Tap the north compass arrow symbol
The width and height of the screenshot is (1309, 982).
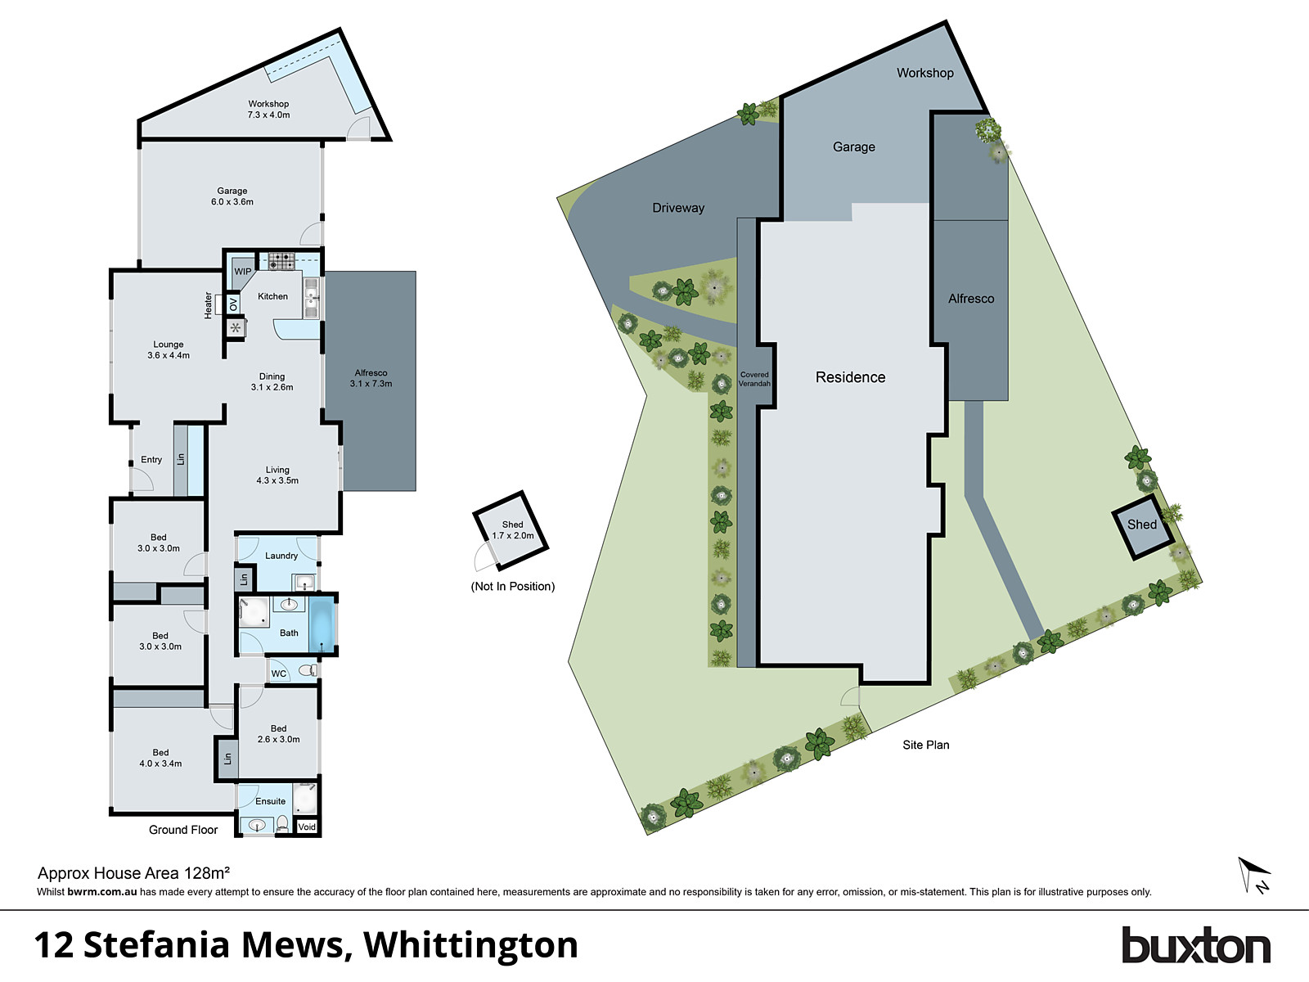[x=1254, y=875]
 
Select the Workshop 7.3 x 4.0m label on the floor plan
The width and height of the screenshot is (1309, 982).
[x=268, y=110]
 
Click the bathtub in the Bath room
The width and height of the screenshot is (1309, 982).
[x=323, y=624]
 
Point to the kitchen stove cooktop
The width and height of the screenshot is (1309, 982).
[x=281, y=261]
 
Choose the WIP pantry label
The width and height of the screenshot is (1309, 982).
[x=243, y=272]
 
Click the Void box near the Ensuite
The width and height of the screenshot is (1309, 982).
[x=307, y=827]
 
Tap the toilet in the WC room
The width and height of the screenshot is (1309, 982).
[x=307, y=671]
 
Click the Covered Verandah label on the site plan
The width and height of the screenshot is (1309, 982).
[x=754, y=379]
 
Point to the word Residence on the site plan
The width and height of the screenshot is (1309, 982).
[x=850, y=377]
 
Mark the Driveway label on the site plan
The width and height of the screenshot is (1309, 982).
[x=678, y=208]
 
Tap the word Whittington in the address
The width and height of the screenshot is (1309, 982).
[x=470, y=945]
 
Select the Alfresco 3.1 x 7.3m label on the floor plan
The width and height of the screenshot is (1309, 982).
[x=371, y=378]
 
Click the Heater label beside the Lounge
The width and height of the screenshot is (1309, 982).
[x=208, y=304]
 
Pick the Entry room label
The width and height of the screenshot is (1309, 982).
[x=151, y=460]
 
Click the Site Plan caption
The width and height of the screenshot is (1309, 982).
[x=926, y=745]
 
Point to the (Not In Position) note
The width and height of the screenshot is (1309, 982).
[x=513, y=586]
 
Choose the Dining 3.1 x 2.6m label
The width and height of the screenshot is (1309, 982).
[x=272, y=382]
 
